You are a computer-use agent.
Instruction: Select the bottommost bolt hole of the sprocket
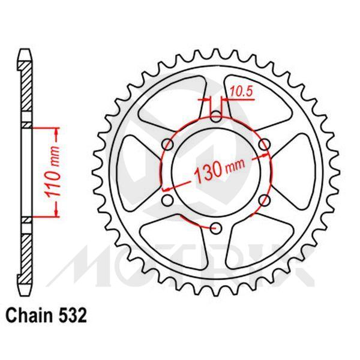coord(217,227)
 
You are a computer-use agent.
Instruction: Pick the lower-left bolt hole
coord(169,199)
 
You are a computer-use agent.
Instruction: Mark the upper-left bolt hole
coord(169,143)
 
